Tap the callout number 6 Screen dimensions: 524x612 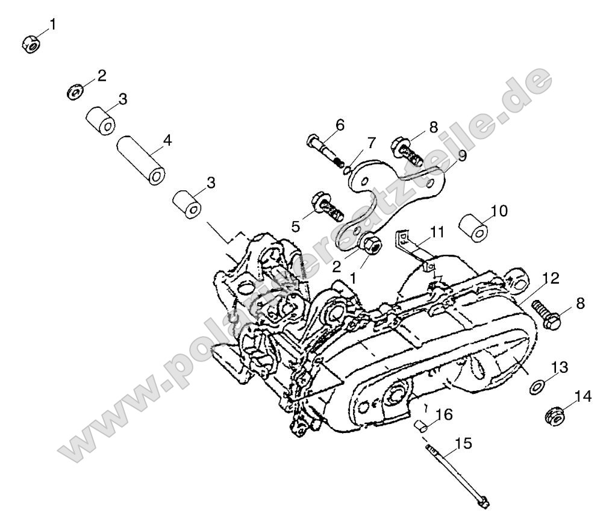(340, 125)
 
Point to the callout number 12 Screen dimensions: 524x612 (550, 278)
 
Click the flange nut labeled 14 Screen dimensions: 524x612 (554, 416)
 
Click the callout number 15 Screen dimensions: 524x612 (463, 444)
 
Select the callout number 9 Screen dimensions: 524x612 (461, 156)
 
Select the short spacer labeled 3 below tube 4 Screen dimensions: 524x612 (187, 203)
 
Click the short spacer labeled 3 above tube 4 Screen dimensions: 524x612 (100, 120)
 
